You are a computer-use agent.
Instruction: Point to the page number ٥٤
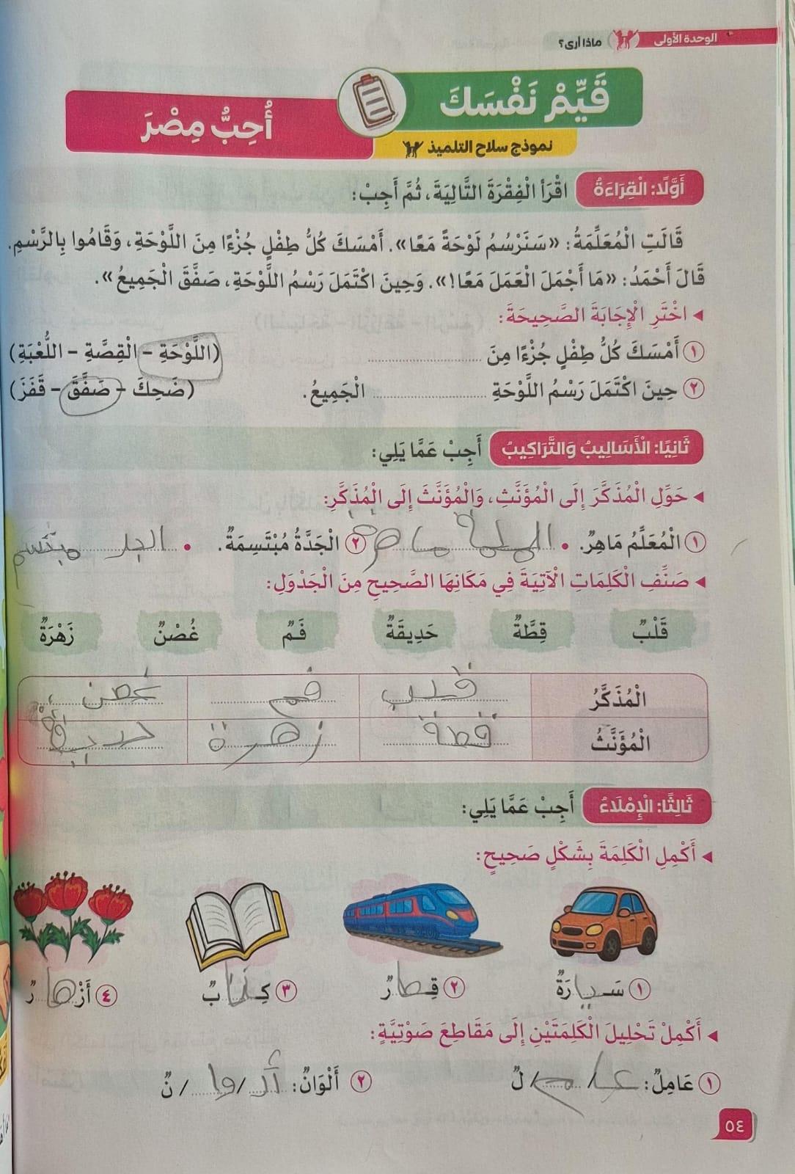coord(733,1123)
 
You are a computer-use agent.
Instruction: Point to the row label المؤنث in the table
coord(620,743)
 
